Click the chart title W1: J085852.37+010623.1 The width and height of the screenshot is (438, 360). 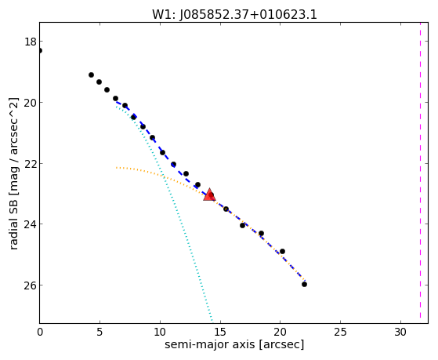click(234, 14)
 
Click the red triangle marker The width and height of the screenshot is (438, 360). click(209, 195)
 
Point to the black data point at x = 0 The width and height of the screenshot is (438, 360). click(40, 51)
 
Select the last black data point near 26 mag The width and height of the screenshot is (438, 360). click(304, 284)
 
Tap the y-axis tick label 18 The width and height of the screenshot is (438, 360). click(31, 42)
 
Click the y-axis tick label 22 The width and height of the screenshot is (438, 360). click(31, 163)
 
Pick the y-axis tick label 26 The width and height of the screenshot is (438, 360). click(31, 285)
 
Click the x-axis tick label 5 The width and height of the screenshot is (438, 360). click(100, 332)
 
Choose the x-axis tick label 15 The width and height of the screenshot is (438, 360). click(220, 332)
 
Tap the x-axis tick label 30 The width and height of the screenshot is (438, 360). click(400, 332)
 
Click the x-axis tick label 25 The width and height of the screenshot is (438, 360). click(341, 332)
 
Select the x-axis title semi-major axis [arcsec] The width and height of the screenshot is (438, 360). click(234, 344)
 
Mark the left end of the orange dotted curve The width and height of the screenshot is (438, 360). click(117, 168)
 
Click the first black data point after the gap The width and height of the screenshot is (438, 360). click(91, 75)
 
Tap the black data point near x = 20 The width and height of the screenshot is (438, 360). click(282, 251)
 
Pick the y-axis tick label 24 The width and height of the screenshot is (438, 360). click(31, 224)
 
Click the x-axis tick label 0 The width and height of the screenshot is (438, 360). click(40, 332)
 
